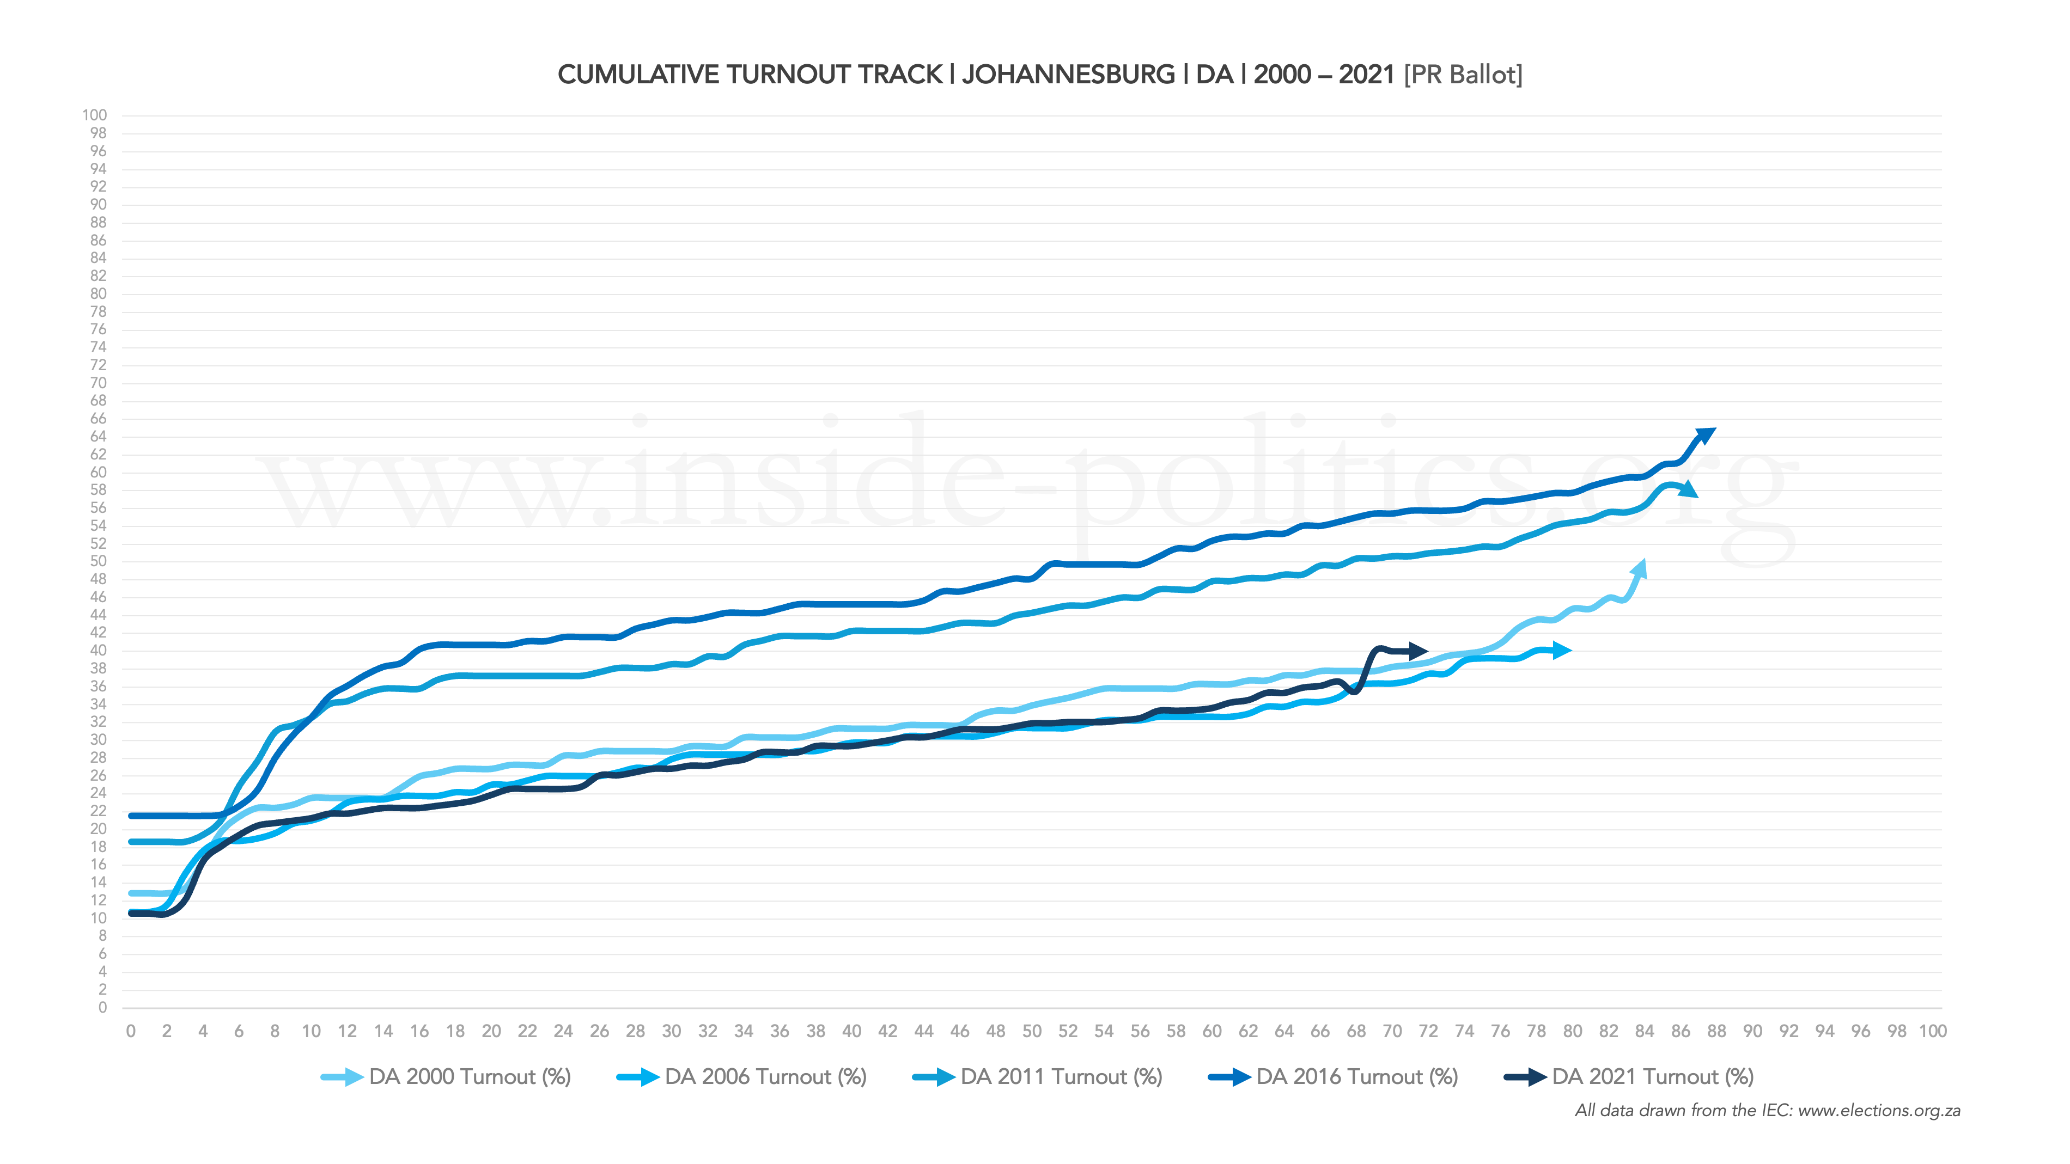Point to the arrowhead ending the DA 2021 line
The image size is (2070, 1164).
[x=1418, y=651]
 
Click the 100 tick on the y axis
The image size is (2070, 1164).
[x=94, y=115]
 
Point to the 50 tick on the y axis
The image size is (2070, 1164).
[x=98, y=561]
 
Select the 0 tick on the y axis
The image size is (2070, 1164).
[x=102, y=1007]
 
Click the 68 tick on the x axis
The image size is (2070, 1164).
[x=1356, y=1032]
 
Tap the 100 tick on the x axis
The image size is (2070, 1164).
[x=1933, y=1032]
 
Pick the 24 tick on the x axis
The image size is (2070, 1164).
[x=563, y=1032]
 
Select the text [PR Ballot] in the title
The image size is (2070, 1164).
[x=1463, y=75]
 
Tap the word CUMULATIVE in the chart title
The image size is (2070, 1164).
[x=638, y=75]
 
